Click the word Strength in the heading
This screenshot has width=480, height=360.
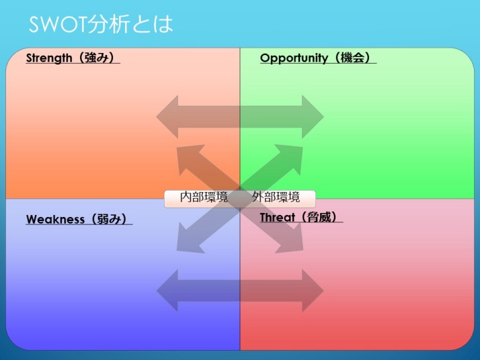(x=49, y=58)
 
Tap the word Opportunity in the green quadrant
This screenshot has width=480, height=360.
(x=294, y=58)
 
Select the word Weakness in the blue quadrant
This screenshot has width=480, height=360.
(x=55, y=220)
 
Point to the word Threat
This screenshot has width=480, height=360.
(x=278, y=218)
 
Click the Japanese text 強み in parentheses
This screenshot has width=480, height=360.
(x=96, y=58)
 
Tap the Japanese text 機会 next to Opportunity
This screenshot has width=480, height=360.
(x=352, y=58)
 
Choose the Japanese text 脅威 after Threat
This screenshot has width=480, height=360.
(x=319, y=217)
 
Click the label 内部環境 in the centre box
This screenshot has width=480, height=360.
(x=204, y=197)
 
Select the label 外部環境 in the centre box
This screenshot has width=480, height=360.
(x=276, y=197)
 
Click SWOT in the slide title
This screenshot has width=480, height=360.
(x=58, y=24)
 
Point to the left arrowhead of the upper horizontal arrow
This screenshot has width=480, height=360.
(x=167, y=117)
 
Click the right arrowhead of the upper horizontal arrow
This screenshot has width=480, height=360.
(x=313, y=117)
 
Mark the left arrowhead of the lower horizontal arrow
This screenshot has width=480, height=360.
(x=167, y=291)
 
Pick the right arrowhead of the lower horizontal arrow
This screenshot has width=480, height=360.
(x=313, y=291)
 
